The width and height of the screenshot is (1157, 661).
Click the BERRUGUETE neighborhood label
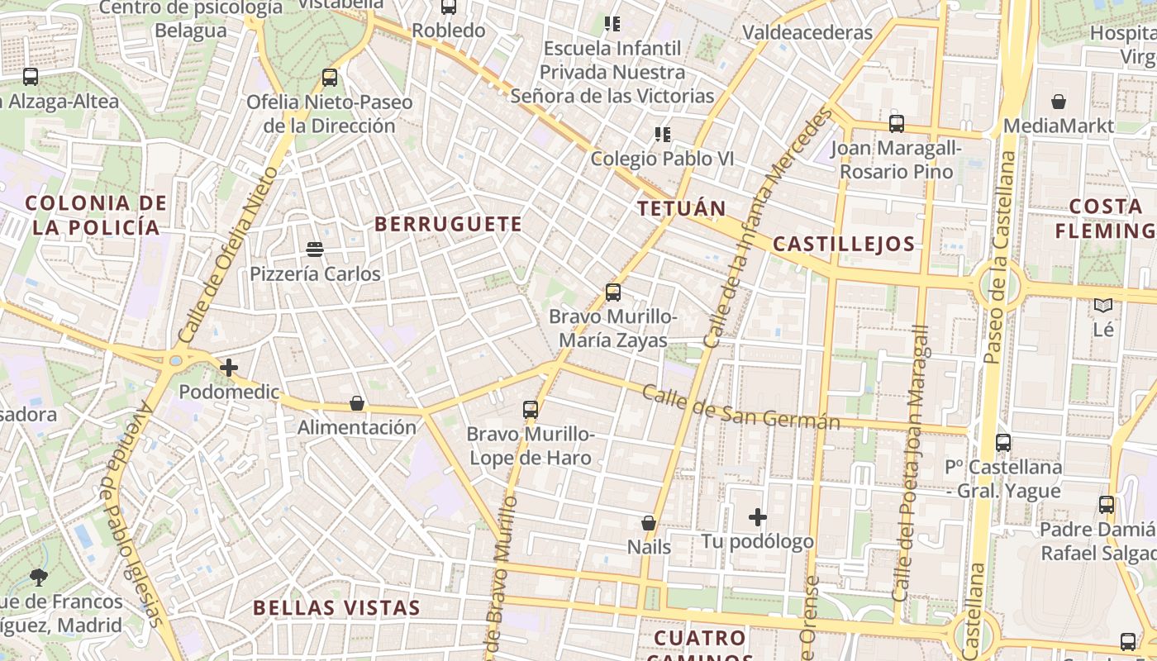click(448, 224)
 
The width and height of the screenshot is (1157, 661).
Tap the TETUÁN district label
click(682, 208)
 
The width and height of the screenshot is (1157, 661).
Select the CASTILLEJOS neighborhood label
click(844, 244)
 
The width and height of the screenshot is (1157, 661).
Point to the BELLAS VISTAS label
click(336, 608)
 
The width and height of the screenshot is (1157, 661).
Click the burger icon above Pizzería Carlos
click(314, 249)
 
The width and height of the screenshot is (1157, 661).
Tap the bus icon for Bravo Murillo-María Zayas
click(612, 292)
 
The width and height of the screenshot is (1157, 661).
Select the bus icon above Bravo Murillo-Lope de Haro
click(531, 409)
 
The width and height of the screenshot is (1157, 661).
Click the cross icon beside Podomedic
click(229, 368)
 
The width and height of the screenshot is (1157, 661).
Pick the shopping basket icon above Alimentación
click(357, 403)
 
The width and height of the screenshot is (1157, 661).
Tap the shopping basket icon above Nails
click(649, 523)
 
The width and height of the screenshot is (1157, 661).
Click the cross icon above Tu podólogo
click(757, 518)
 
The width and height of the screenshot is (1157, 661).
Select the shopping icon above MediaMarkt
click(1059, 102)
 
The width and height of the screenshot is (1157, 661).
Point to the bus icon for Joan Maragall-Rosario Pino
click(897, 124)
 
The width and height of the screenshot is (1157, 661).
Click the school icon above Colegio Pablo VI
click(662, 134)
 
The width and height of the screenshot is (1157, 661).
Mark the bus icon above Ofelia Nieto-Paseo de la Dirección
click(330, 78)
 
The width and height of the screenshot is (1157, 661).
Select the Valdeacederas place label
click(807, 33)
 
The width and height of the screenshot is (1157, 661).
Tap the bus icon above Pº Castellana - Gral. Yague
click(1003, 442)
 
